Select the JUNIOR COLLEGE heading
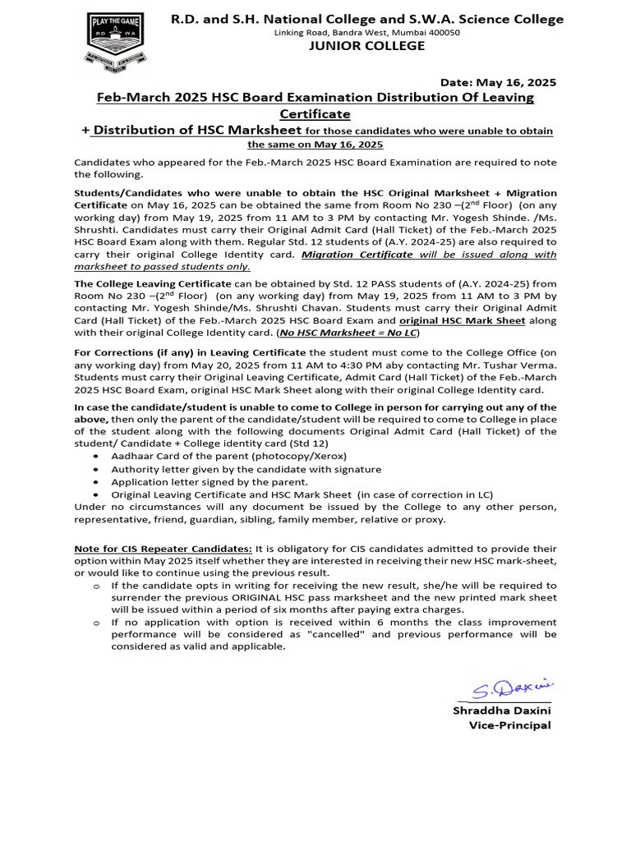point(366,46)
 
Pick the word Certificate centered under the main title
point(315,113)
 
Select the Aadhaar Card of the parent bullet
point(228,456)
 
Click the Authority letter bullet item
point(246,469)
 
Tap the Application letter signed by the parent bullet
point(210,482)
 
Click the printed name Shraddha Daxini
point(502,710)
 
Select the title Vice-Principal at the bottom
point(509,725)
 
